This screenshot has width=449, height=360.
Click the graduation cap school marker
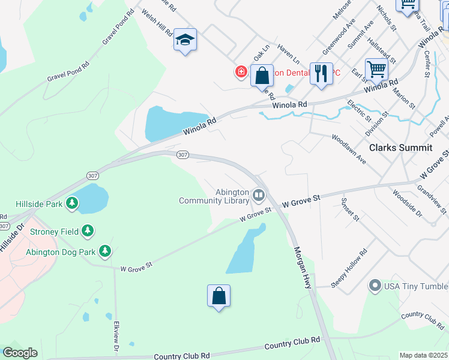point(185,40)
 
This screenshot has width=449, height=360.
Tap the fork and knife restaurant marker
point(321,74)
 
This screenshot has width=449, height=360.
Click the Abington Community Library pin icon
point(259,194)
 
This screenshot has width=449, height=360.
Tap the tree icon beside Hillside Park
point(73,203)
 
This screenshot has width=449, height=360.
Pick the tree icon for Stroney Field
point(88,230)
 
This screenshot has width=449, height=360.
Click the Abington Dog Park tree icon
point(105,251)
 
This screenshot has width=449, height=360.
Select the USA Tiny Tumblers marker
point(375,285)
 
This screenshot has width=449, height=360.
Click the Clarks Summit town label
point(400,148)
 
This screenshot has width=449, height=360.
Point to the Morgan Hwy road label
point(303,267)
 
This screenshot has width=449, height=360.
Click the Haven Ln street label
point(289,57)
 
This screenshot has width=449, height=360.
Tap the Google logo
point(20,353)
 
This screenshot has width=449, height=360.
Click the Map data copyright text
point(423,355)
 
